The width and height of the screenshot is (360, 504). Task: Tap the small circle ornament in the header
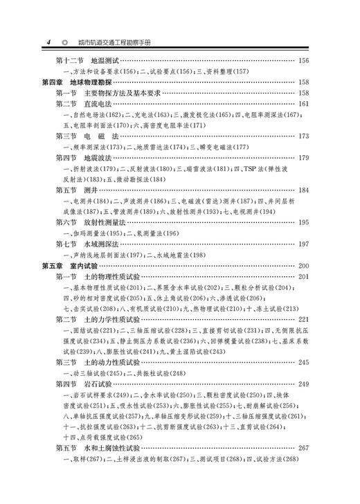[65, 42]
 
